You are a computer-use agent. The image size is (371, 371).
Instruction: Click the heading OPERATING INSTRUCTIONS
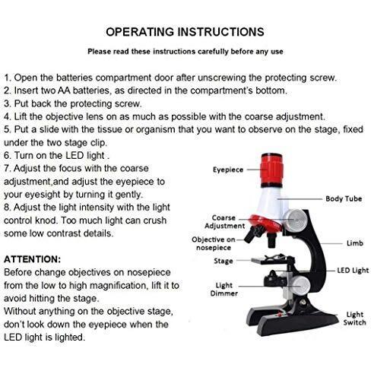(185, 32)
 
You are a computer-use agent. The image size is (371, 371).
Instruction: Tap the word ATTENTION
(31, 259)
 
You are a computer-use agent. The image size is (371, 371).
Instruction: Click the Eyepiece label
(228, 170)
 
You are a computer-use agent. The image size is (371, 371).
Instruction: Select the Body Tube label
(344, 198)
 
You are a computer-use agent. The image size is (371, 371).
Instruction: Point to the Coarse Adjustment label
(224, 222)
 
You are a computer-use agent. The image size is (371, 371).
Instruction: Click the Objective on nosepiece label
(214, 243)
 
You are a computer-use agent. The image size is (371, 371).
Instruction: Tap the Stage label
(223, 261)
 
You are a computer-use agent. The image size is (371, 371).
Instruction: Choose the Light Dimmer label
(224, 290)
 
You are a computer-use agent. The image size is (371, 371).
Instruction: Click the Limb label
(355, 243)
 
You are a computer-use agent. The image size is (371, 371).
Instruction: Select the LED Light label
(353, 271)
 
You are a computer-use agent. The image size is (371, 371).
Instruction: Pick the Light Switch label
(354, 319)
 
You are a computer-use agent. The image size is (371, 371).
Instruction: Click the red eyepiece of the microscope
(271, 170)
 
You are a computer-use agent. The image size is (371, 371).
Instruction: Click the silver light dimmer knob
(300, 285)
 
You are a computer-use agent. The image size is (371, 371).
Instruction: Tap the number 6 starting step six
(7, 155)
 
